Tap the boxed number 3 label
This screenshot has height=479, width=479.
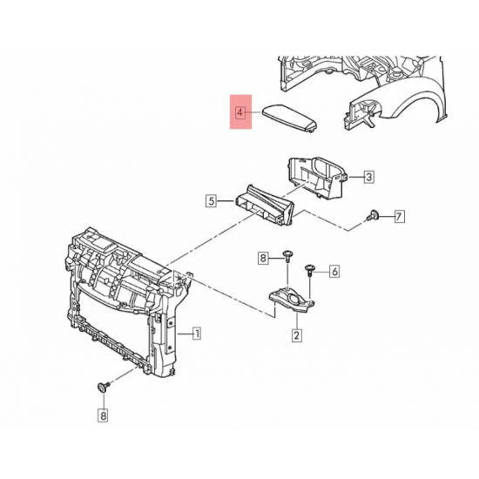pyautogui.click(x=368, y=178)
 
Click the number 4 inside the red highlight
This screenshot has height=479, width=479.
pyautogui.click(x=239, y=111)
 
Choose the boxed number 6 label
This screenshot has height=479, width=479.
pyautogui.click(x=333, y=272)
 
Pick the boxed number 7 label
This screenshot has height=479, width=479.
pyautogui.click(x=399, y=216)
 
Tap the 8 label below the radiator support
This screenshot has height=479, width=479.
pyautogui.click(x=103, y=416)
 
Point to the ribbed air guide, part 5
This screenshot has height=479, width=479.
pyautogui.click(x=266, y=207)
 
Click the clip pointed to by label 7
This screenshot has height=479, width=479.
pyautogui.click(x=373, y=214)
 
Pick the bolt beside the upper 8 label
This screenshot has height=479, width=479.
pyautogui.click(x=286, y=256)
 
